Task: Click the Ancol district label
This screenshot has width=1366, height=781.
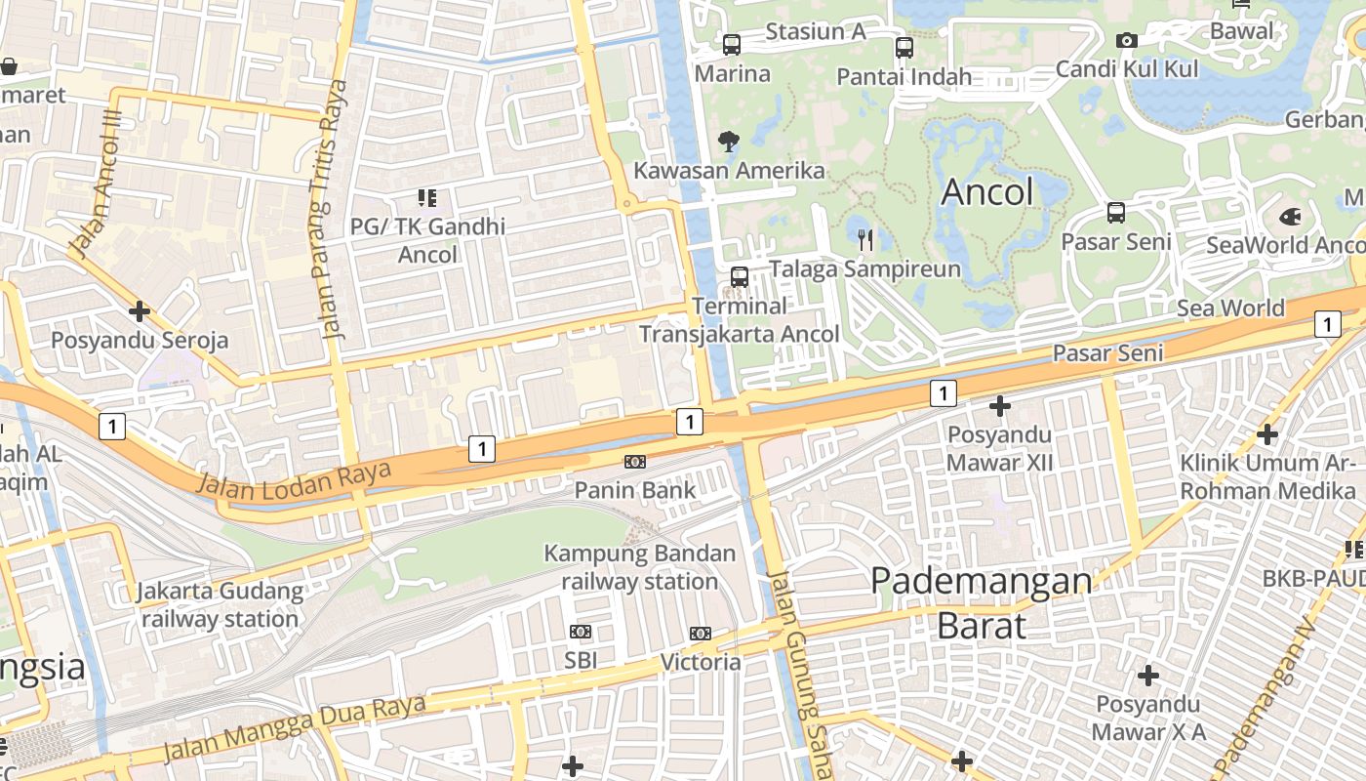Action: point(986,192)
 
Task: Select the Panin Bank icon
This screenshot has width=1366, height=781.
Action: point(635,462)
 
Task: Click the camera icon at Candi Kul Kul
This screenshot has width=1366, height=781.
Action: point(1126,41)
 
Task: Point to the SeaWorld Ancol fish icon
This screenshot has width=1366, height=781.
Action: point(1289,217)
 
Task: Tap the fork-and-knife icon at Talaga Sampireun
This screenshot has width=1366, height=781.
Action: point(865,239)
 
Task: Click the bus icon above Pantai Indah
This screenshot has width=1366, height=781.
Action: point(904,48)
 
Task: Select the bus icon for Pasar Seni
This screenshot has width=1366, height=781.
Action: point(1115,213)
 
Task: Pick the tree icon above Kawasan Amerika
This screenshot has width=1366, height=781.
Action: point(728,142)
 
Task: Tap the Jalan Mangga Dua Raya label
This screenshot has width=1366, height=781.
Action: point(294,727)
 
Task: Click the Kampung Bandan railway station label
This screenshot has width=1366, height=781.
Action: point(639,567)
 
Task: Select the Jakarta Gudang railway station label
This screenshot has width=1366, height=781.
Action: point(220,604)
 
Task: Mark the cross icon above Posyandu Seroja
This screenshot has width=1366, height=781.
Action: point(140,311)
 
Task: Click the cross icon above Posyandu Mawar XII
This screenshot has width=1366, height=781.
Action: point(1000,405)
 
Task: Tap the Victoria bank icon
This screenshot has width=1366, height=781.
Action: point(700,634)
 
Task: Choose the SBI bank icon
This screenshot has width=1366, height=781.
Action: point(580,632)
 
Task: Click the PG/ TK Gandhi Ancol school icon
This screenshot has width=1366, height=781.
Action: point(426,198)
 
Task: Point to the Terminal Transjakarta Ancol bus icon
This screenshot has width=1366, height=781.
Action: point(739,276)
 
